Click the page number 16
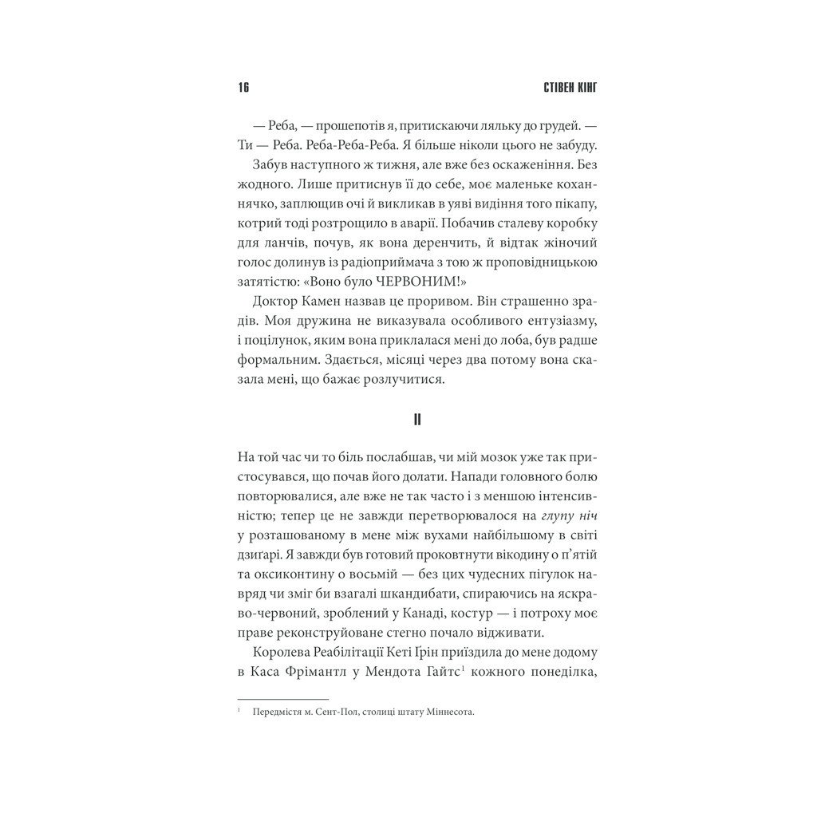[x=243, y=88]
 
